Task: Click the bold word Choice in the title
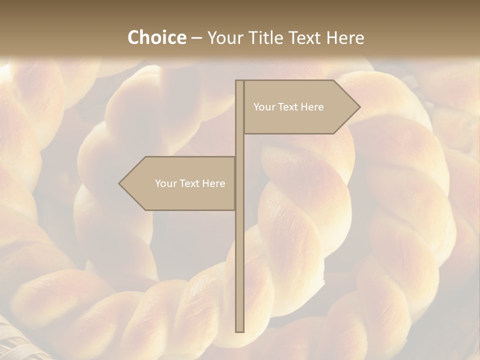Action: point(156,37)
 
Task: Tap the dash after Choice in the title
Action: point(196,38)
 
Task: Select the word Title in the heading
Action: point(268,37)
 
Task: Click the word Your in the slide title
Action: point(224,37)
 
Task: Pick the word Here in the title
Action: point(345,37)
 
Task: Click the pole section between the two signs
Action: point(239,145)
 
